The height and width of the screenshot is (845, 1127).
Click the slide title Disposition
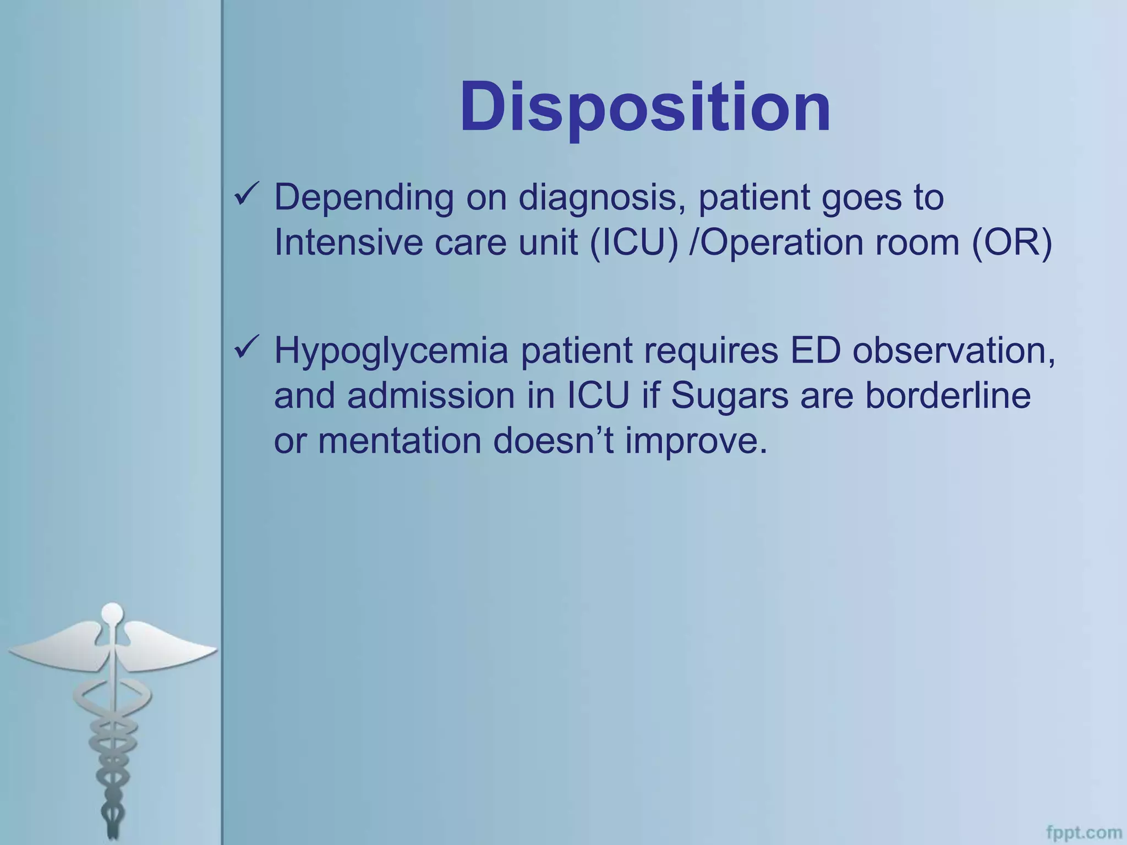tap(645, 107)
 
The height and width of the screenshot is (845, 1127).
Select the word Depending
tap(364, 198)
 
